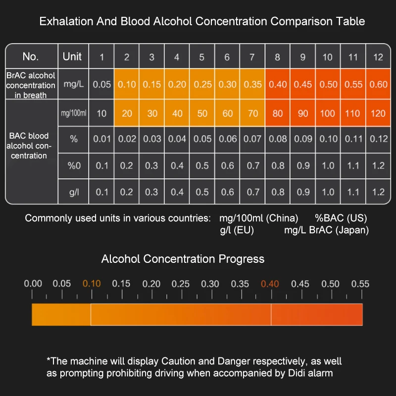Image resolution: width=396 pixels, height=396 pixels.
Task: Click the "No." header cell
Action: pyautogui.click(x=31, y=56)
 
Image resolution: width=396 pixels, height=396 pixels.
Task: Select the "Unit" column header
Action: pyautogui.click(x=72, y=56)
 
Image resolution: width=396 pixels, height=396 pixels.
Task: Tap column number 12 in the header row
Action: pyautogui.click(x=378, y=57)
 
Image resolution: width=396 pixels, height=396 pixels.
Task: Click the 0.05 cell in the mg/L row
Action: pyautogui.click(x=102, y=84)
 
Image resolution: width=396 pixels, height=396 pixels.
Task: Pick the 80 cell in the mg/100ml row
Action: pyautogui.click(x=278, y=113)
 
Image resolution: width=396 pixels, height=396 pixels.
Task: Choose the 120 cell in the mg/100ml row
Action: pyautogui.click(x=378, y=113)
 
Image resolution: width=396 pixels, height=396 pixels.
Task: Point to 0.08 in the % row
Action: pyautogui.click(x=278, y=139)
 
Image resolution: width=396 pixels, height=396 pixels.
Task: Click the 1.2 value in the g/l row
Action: pyautogui.click(x=378, y=191)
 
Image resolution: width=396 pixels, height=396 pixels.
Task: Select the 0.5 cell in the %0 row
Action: pyautogui.click(x=202, y=165)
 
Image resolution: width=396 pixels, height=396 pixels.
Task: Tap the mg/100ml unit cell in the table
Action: pyautogui.click(x=73, y=113)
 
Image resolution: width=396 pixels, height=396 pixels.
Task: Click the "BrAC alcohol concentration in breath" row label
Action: pyautogui.click(x=31, y=85)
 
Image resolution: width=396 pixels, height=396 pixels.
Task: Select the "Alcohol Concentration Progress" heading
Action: pyautogui.click(x=183, y=259)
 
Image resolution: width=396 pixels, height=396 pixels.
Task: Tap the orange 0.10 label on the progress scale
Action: pyautogui.click(x=92, y=284)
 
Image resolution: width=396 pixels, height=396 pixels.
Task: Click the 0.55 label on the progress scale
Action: pyautogui.click(x=360, y=284)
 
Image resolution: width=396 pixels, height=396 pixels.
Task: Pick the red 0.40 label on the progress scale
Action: pyautogui.click(x=270, y=284)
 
